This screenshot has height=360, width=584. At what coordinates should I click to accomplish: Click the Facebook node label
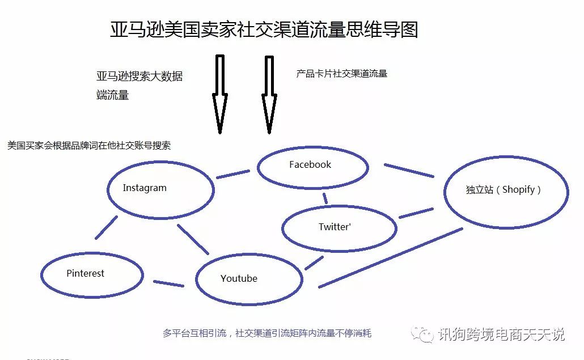click(x=310, y=164)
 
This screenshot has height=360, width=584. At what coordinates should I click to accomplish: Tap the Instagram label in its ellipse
click(x=145, y=188)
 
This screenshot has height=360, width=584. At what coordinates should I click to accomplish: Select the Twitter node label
click(x=335, y=227)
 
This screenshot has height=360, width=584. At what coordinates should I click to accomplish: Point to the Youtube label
click(x=239, y=278)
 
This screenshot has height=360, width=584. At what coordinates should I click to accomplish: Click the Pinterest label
click(x=85, y=273)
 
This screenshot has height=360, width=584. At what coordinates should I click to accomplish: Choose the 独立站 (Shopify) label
click(x=503, y=189)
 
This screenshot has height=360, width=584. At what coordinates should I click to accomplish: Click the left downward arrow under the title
click(x=220, y=94)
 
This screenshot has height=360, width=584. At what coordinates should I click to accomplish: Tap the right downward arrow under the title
click(x=269, y=95)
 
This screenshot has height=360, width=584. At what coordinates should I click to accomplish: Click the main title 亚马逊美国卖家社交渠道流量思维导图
click(x=264, y=29)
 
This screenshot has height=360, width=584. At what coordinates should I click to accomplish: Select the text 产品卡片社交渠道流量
click(x=341, y=74)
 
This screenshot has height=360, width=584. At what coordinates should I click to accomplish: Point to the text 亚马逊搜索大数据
click(x=139, y=77)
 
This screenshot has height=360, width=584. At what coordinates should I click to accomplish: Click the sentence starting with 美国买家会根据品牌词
click(x=89, y=146)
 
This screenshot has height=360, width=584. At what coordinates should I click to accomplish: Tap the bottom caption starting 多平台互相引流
click(x=267, y=333)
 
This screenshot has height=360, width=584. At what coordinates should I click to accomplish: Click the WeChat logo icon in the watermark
click(x=422, y=334)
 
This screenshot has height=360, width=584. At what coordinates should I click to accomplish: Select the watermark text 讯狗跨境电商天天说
click(x=501, y=334)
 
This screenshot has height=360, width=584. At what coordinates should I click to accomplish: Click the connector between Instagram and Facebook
click(x=233, y=174)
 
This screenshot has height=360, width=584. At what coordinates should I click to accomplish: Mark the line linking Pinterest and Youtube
click(x=169, y=283)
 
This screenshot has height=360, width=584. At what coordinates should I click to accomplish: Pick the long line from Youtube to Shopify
click(x=391, y=257)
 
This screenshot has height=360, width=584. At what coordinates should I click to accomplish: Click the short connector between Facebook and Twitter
click(x=325, y=198)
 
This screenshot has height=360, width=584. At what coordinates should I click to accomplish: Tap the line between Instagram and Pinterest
click(x=106, y=227)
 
